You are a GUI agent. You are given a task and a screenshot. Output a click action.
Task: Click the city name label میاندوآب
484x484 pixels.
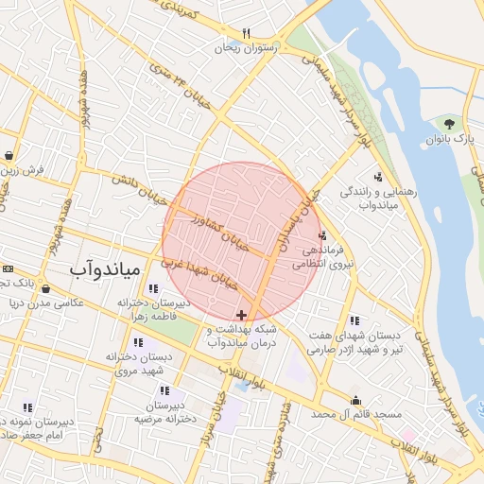[104, 270]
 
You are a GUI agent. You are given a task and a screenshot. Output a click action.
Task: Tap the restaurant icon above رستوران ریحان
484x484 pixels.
[246, 33]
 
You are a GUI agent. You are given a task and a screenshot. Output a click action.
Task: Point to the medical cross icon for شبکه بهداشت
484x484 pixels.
[242, 314]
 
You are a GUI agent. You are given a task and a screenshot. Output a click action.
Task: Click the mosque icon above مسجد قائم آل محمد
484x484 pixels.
[355, 400]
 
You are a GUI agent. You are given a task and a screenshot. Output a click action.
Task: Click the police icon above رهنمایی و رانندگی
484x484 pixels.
[379, 176]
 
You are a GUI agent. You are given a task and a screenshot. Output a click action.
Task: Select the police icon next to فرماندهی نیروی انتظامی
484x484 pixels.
[322, 236]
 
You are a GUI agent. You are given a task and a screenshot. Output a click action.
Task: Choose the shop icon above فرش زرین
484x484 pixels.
[9, 156]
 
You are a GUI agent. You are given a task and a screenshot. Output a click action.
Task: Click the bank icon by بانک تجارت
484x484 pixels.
[8, 268]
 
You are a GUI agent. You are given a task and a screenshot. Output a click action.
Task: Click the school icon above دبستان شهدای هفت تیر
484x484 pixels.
[354, 320]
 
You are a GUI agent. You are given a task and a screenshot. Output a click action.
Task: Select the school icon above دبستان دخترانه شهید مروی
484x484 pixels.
[139, 342]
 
